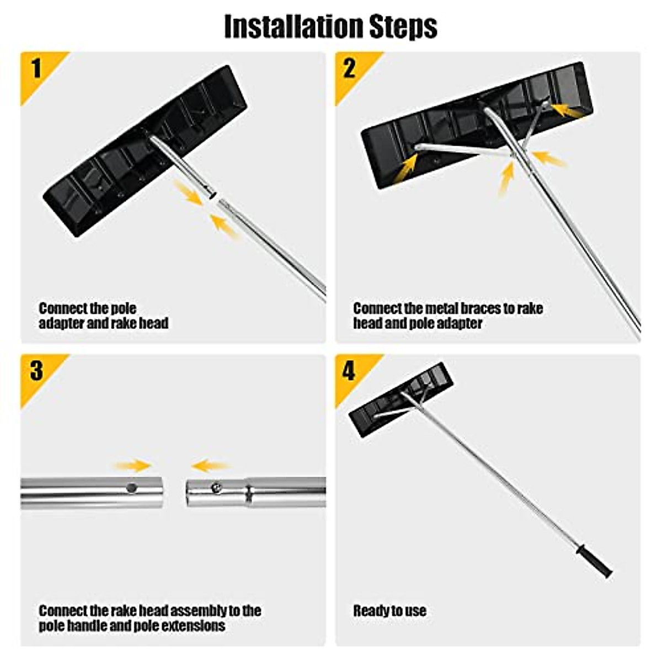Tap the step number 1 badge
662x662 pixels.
[x=36, y=69]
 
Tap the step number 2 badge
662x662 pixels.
[x=349, y=69]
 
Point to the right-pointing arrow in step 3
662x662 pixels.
[x=132, y=465]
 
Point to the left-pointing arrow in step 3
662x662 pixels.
[x=210, y=466]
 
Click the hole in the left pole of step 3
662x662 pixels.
[x=131, y=487]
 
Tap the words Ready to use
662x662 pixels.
[x=389, y=611]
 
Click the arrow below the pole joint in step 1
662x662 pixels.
[x=225, y=226]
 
